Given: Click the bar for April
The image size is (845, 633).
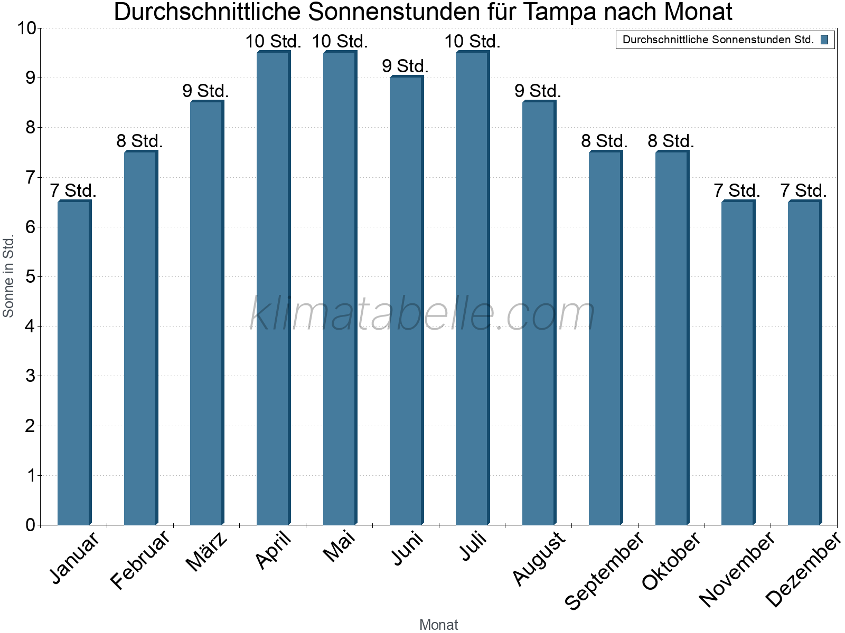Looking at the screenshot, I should tap(273, 288).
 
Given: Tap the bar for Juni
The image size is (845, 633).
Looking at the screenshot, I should tap(406, 301).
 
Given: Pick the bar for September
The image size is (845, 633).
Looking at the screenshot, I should tap(605, 338).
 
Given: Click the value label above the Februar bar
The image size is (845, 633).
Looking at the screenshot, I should tap(140, 141).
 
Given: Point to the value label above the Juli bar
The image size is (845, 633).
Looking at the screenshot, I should tap(472, 42).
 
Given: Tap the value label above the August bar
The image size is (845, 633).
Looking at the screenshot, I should tap(538, 91).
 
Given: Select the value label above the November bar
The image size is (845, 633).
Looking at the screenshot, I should tap(737, 191).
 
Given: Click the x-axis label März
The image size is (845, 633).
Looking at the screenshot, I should tap(207, 552).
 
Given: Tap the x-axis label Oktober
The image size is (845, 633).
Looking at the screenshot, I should tap(671, 560).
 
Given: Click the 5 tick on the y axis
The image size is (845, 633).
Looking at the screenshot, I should tap(30, 276).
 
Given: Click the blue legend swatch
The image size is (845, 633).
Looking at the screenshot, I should tap(824, 40).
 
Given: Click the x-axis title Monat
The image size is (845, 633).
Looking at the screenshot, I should tap(438, 625).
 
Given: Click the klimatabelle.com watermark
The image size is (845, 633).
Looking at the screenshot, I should tap(422, 314).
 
